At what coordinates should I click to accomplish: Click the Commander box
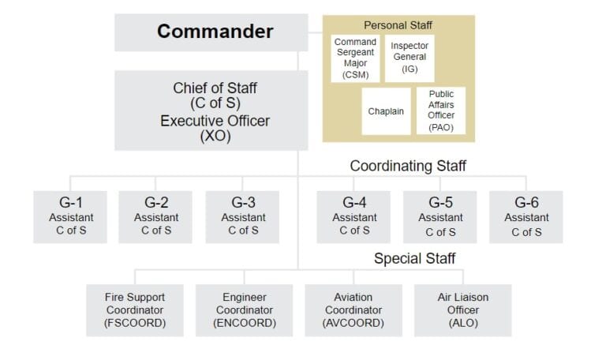pos(211,32)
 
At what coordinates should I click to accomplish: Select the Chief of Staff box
pos(211,111)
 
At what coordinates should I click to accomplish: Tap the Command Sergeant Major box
pos(355,58)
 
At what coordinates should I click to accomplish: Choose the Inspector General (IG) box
pos(410,58)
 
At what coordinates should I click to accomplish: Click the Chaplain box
pos(386,111)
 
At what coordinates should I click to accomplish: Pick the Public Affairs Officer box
pos(441,111)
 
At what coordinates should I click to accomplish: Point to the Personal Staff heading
pos(398,25)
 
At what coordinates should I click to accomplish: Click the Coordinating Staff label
pos(408,166)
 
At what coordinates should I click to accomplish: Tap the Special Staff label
pos(414,258)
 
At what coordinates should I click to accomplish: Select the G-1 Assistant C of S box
pos(70,217)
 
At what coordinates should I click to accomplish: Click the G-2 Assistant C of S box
pos(155,217)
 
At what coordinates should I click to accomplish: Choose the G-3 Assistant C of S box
pos(242,217)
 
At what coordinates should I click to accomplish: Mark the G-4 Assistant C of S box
pos(353,217)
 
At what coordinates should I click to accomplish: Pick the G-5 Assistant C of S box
pos(440,217)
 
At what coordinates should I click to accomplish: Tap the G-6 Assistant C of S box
pos(526,217)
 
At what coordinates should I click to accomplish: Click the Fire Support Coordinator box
pos(135,310)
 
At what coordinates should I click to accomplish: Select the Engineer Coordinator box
pos(245,310)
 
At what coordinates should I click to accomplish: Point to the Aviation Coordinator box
pos(353,310)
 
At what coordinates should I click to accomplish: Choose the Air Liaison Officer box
pos(463,310)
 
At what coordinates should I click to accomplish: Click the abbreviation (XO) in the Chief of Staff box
pos(215,136)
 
